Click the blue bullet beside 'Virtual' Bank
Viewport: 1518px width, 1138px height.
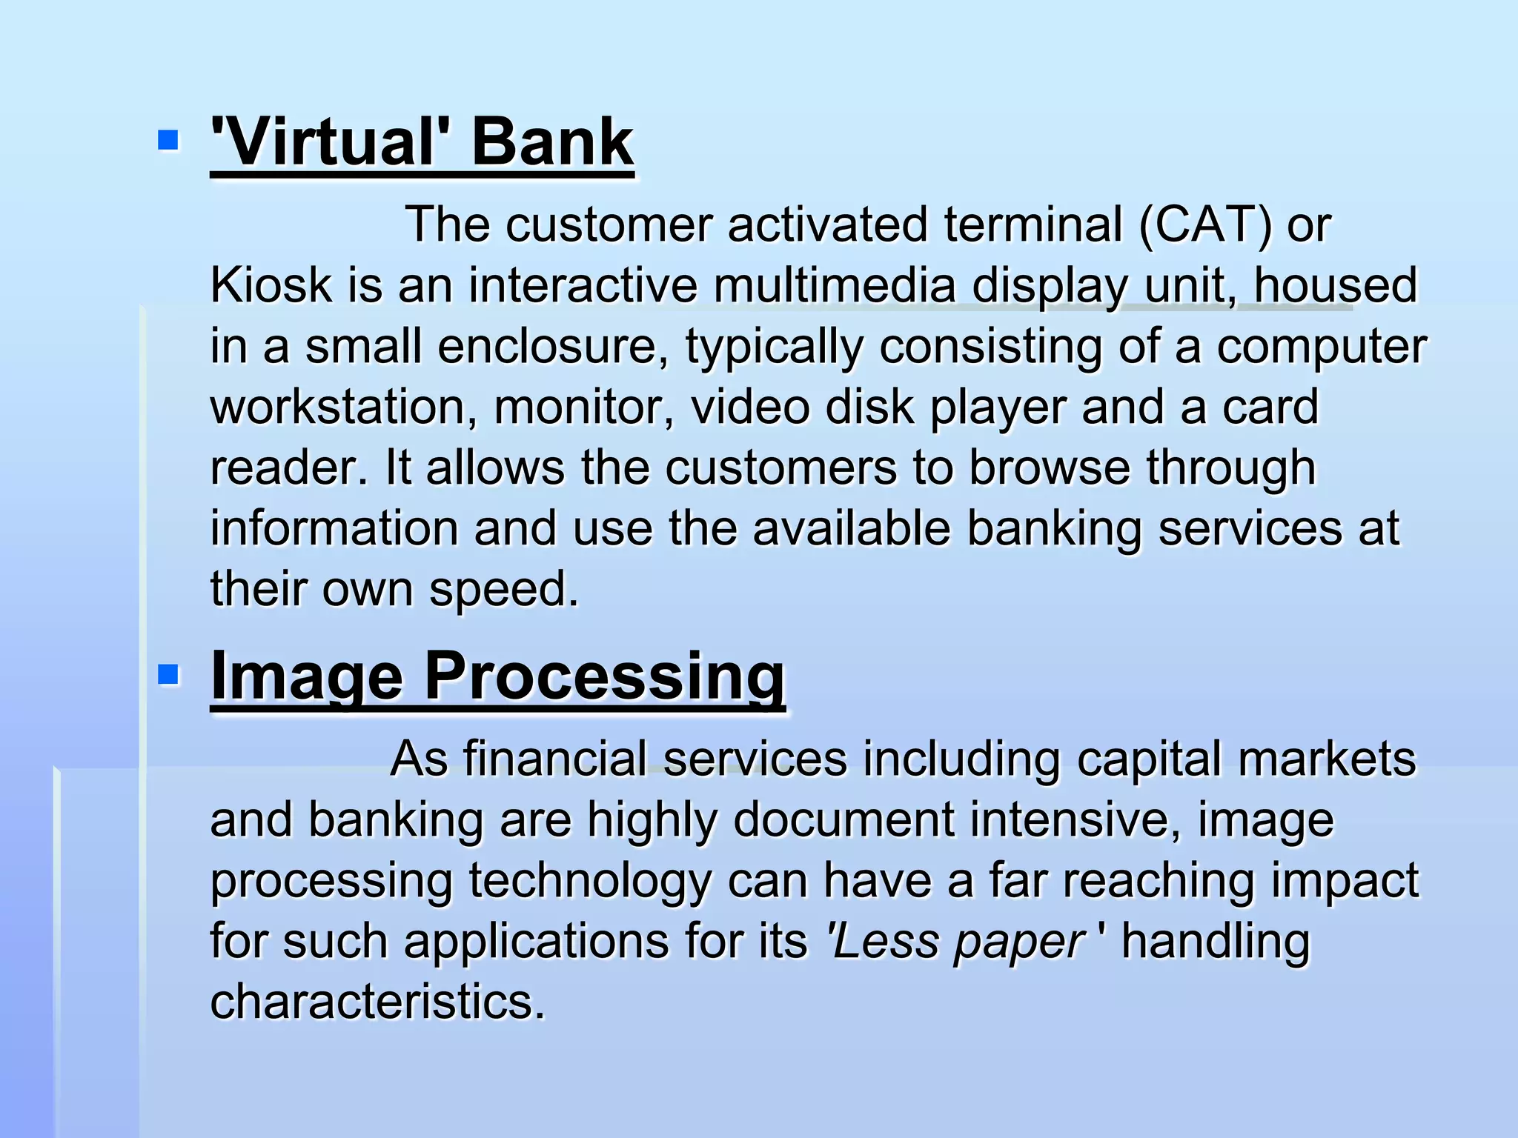168,139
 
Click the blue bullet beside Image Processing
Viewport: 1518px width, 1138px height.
168,674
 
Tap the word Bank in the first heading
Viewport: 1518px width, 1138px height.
552,142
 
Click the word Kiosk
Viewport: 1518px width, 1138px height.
271,285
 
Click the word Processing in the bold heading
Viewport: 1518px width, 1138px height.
604,677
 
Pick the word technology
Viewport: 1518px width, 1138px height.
589,882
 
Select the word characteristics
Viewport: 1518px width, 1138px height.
377,1002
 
